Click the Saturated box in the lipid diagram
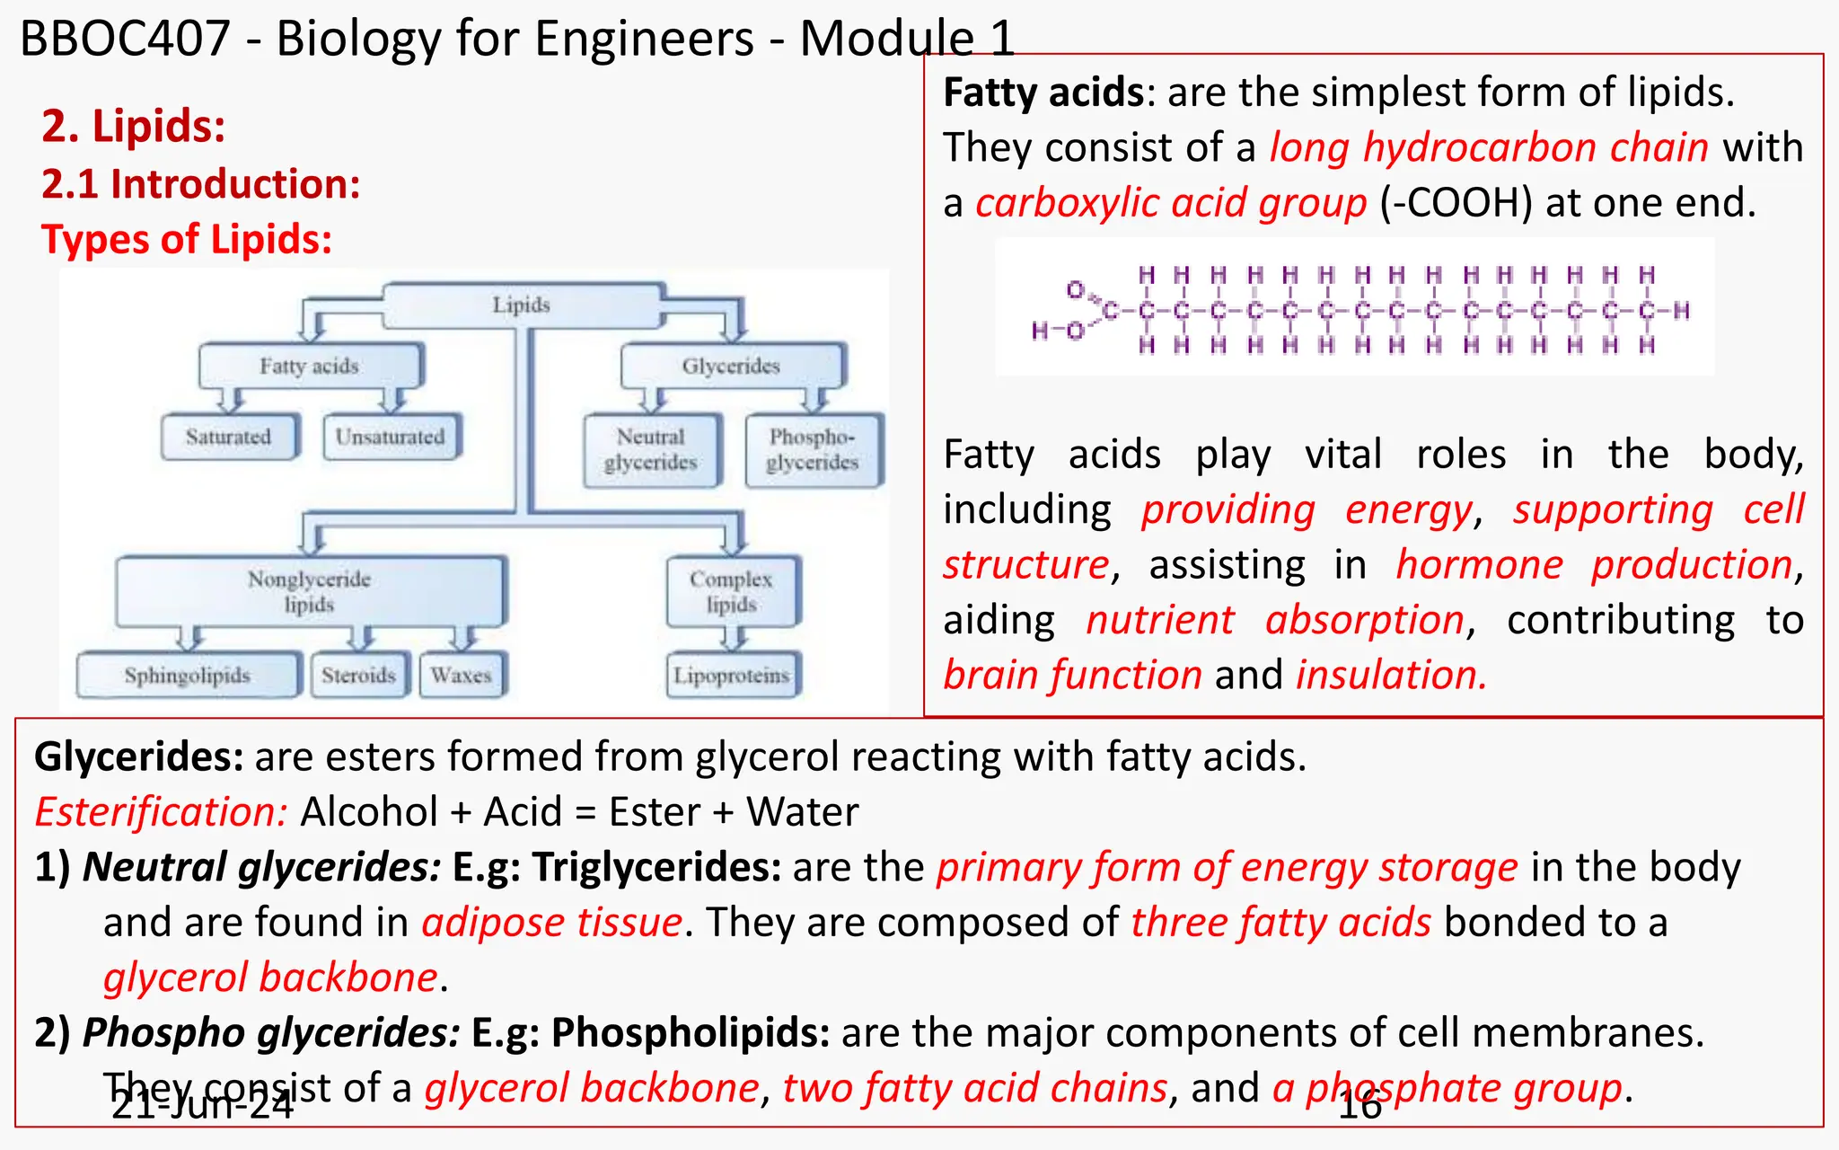click(x=229, y=437)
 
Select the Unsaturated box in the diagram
click(x=391, y=437)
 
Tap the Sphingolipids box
click(x=188, y=675)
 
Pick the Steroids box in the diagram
click(x=359, y=675)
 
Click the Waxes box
click(x=462, y=675)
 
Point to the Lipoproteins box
click(x=732, y=675)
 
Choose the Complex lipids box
click(x=732, y=591)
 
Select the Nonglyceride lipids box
click(x=310, y=591)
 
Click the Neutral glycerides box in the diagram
click(x=651, y=449)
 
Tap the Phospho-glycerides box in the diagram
click(x=813, y=449)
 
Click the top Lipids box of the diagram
click(x=521, y=305)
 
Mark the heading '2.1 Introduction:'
click(x=201, y=184)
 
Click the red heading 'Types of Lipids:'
click(x=187, y=240)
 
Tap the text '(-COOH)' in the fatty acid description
click(x=1456, y=203)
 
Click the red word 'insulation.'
click(x=1391, y=675)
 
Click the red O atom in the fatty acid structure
click(x=1075, y=289)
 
